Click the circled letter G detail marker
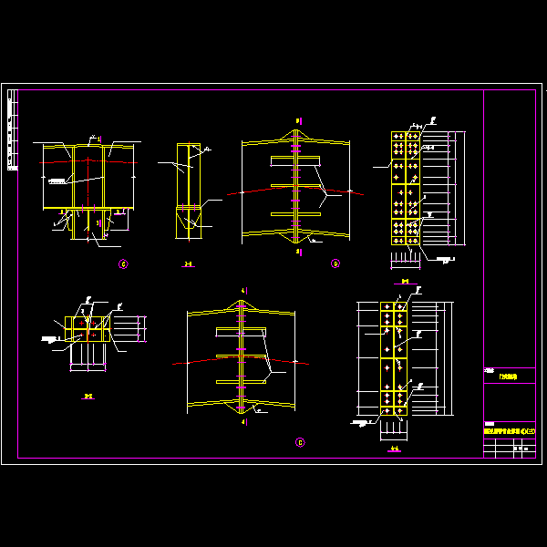[123, 264]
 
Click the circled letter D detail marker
[335, 263]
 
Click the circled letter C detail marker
[300, 442]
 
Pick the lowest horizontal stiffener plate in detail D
[297, 215]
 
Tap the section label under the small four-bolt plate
[88, 396]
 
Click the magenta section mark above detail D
[298, 119]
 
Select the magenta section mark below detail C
[243, 423]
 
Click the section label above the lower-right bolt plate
[404, 282]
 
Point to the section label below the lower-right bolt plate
[394, 448]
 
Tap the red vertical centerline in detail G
[88, 191]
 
